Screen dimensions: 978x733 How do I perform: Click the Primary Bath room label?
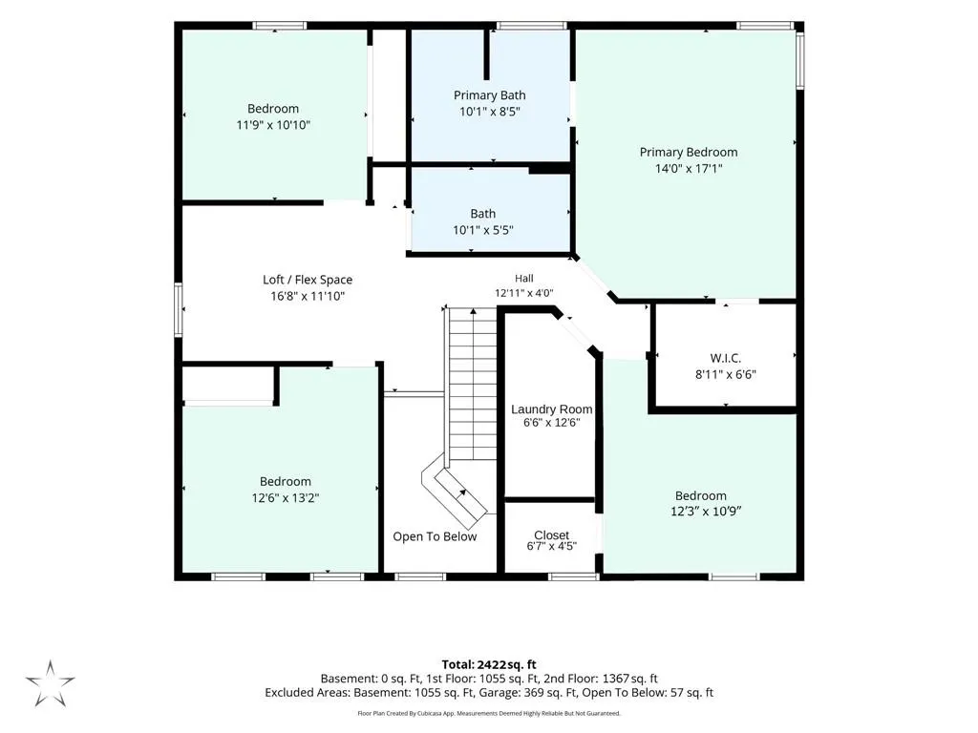490,95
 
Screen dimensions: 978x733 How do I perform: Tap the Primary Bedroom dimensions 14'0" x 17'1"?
689,168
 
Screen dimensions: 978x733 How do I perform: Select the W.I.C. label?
726,359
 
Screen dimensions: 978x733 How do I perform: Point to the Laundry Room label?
551,409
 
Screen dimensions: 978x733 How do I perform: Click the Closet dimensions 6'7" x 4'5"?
551,547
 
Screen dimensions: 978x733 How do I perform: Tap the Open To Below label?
435,536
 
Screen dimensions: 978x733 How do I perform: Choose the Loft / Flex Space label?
308,280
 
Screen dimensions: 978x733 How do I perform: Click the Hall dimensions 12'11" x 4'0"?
524,293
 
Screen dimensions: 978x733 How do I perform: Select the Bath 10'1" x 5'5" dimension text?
482,231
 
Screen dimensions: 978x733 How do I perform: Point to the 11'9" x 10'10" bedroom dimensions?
273,125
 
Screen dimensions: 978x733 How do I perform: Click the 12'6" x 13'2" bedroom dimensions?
286,498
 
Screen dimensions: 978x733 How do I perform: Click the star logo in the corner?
50,683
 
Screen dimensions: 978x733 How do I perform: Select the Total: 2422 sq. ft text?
489,664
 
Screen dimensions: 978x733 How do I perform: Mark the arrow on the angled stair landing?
461,495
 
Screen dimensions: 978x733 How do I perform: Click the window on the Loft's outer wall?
179,310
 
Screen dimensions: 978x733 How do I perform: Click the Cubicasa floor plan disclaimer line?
489,713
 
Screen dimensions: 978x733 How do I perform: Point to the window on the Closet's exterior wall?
574,576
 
